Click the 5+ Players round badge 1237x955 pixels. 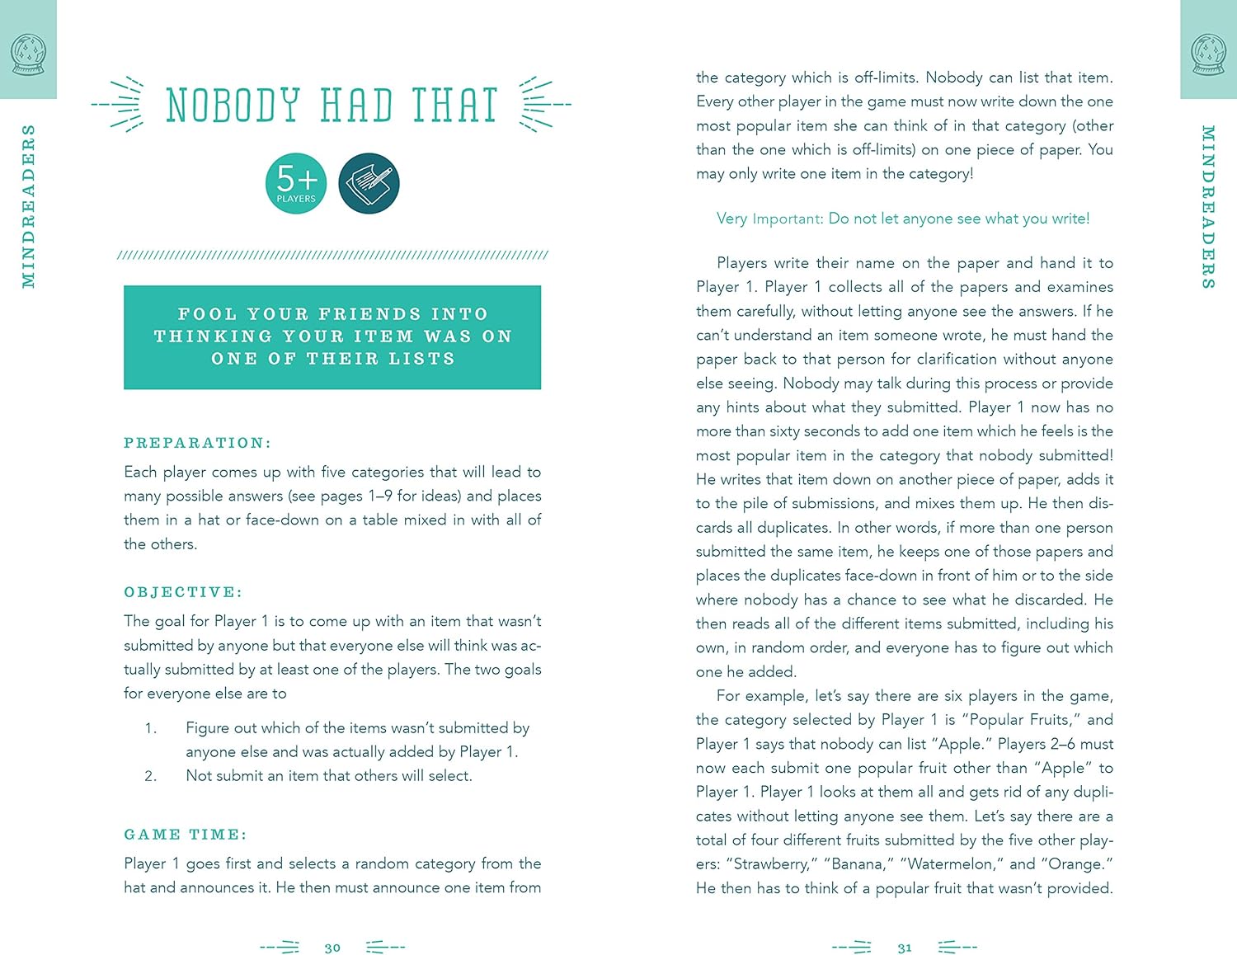[x=296, y=183]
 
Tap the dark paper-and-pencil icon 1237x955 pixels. [x=369, y=183]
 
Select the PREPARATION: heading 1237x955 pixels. [x=197, y=443]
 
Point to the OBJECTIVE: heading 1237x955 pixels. [x=183, y=592]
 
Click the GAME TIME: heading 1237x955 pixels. [x=186, y=835]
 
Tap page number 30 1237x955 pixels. [x=332, y=948]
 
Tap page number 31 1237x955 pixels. [x=905, y=948]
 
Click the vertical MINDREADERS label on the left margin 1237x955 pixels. [x=29, y=206]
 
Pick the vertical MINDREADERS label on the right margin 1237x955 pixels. [x=1208, y=206]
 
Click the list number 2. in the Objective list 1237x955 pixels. [x=150, y=776]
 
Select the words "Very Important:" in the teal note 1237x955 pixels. [x=769, y=219]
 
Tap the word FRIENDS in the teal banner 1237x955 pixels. [x=369, y=314]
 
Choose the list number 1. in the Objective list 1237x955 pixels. [x=150, y=728]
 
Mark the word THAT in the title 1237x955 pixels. [x=454, y=106]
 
